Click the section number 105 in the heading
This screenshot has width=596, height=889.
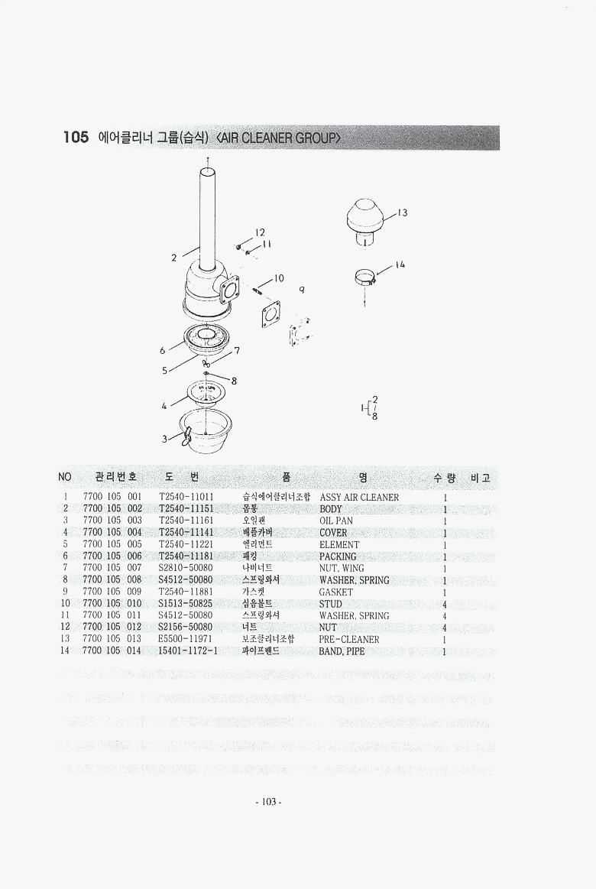(x=76, y=137)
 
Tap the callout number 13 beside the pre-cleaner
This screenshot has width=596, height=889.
(x=402, y=213)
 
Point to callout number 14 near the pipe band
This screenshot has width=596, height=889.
(x=400, y=264)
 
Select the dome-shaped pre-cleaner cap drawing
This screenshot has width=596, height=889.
(x=364, y=222)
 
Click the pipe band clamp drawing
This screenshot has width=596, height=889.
(x=365, y=277)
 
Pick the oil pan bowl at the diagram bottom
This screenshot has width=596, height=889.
(x=205, y=431)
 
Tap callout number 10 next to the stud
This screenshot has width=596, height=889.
(x=279, y=278)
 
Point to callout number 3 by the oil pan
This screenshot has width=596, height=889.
(x=164, y=439)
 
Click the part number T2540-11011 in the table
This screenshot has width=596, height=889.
(x=186, y=497)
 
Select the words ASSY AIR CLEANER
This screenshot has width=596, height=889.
(x=359, y=497)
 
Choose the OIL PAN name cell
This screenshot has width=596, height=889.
(x=336, y=521)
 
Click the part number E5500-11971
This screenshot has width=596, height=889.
(x=185, y=639)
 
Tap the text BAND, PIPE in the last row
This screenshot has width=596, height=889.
(x=342, y=651)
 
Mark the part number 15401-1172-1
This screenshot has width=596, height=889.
(x=187, y=651)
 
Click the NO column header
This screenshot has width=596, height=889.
(x=65, y=477)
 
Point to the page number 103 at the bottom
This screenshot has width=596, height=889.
(x=269, y=802)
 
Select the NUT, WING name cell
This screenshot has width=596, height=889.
(x=342, y=568)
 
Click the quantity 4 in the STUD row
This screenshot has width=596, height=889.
(x=445, y=605)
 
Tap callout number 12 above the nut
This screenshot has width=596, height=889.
(x=260, y=232)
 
